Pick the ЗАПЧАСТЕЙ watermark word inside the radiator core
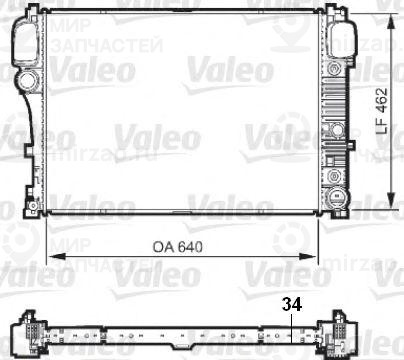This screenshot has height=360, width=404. pos(85,46)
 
